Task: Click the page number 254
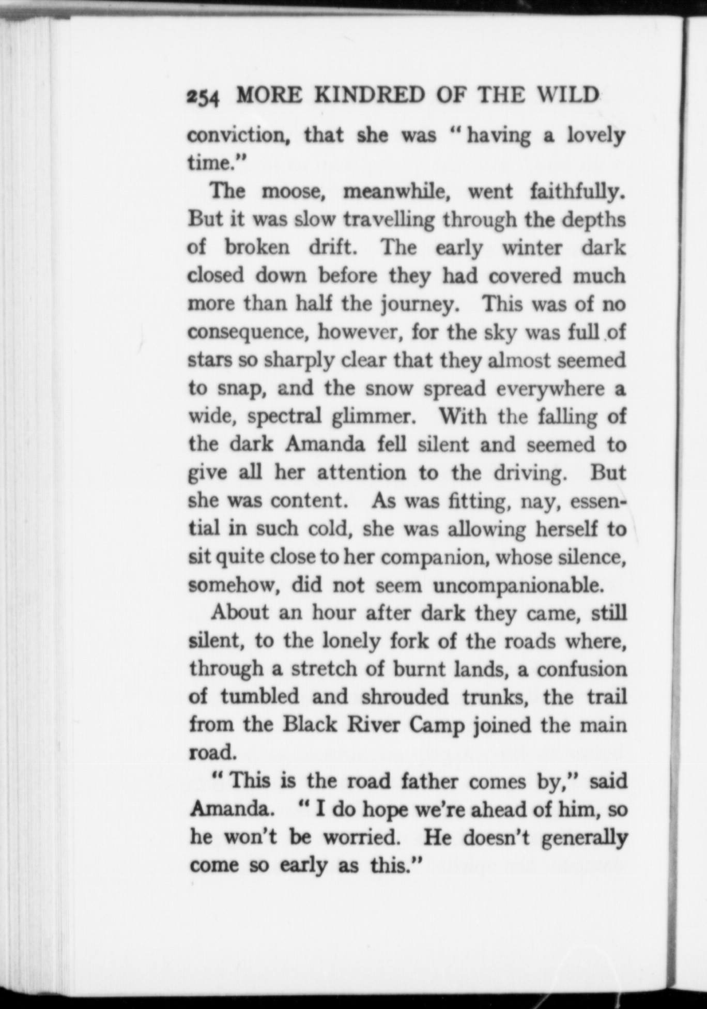(x=204, y=97)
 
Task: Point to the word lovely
(x=596, y=135)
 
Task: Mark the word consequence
(x=248, y=332)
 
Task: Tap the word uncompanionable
(x=518, y=585)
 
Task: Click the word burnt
(x=419, y=669)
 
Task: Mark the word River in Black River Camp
(x=373, y=725)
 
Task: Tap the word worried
(x=361, y=836)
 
